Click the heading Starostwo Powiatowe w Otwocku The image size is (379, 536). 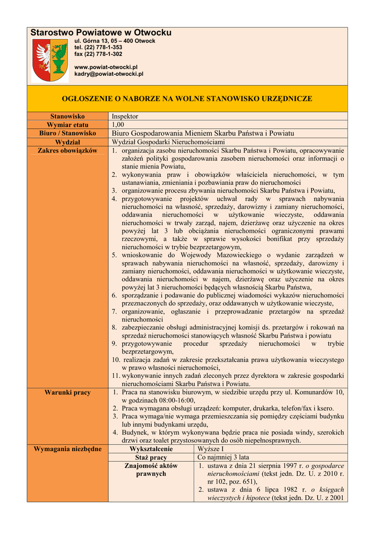point(101,33)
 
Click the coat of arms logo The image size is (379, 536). point(50,60)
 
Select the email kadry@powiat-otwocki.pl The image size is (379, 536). point(109,74)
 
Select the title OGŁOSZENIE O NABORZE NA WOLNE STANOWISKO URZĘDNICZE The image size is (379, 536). point(187,98)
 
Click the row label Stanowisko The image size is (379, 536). point(68,116)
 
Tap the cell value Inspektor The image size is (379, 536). point(125,116)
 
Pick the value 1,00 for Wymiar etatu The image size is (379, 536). point(118,125)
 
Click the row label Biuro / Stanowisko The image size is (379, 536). point(68,133)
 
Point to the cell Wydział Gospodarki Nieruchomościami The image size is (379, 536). point(168,142)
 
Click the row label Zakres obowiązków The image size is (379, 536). point(68,150)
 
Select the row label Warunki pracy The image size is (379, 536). point(68,392)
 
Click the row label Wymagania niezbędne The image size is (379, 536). point(68,449)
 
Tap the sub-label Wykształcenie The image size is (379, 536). point(151,449)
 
